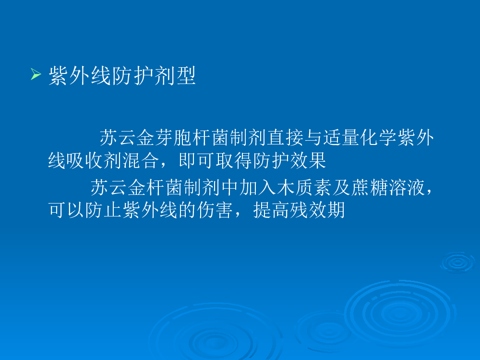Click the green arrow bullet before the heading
coord(36,74)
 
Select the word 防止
coord(104,210)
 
